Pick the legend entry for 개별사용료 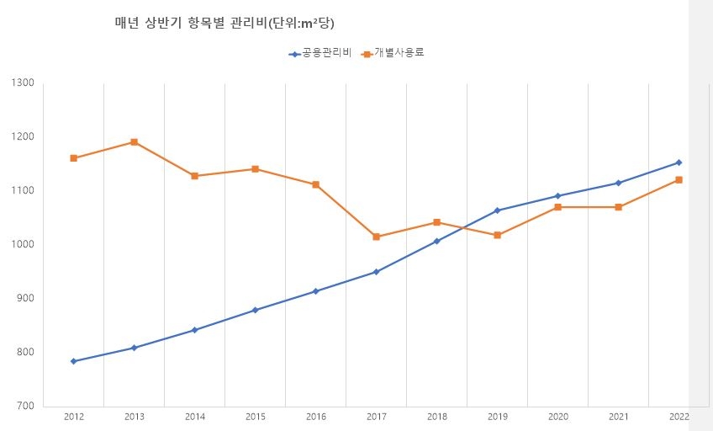[393, 54]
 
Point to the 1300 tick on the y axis [23, 82]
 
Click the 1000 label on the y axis [23, 244]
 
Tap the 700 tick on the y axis [23, 406]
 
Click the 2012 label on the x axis [73, 417]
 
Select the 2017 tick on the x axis [376, 417]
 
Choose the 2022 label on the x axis [679, 417]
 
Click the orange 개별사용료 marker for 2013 [134, 142]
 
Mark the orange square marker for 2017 [376, 237]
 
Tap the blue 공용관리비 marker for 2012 [73, 361]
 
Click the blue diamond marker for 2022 [679, 162]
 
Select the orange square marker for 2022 [679, 179]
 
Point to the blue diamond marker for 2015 [255, 310]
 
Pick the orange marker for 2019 [497, 235]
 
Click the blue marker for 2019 [497, 210]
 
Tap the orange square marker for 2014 [194, 176]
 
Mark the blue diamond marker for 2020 [557, 196]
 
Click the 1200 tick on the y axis [23, 136]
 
